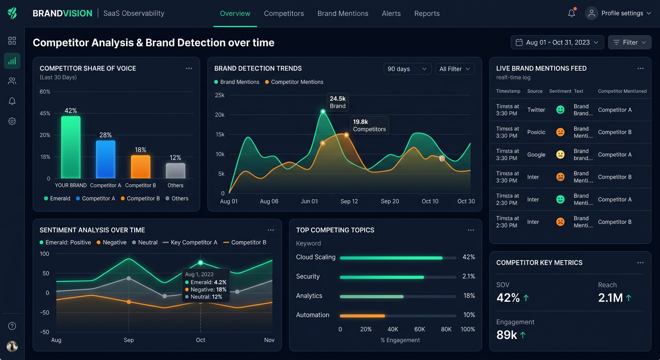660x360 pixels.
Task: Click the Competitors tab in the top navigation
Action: click(x=284, y=14)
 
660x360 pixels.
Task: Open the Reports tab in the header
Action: click(x=427, y=14)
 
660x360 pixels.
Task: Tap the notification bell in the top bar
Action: click(x=571, y=13)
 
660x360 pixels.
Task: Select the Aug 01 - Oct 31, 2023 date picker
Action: click(x=557, y=42)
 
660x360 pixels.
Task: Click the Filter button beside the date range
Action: click(x=630, y=42)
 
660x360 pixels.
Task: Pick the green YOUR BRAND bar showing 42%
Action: click(x=71, y=147)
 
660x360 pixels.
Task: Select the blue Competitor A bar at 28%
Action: click(x=105, y=159)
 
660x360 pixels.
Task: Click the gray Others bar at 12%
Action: click(x=175, y=171)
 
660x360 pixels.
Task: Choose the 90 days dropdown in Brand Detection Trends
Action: click(x=407, y=69)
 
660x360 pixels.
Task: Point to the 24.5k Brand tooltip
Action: click(x=337, y=102)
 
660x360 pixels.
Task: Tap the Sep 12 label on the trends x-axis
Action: click(x=349, y=201)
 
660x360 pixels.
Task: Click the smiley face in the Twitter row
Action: click(x=560, y=110)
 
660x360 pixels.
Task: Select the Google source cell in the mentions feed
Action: click(x=536, y=155)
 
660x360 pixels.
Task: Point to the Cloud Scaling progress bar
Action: click(x=391, y=258)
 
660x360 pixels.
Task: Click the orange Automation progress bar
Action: click(x=362, y=315)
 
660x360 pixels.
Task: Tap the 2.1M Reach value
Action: click(x=610, y=298)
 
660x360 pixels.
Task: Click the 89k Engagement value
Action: click(x=507, y=335)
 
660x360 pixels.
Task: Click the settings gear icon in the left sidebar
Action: click(x=12, y=121)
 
